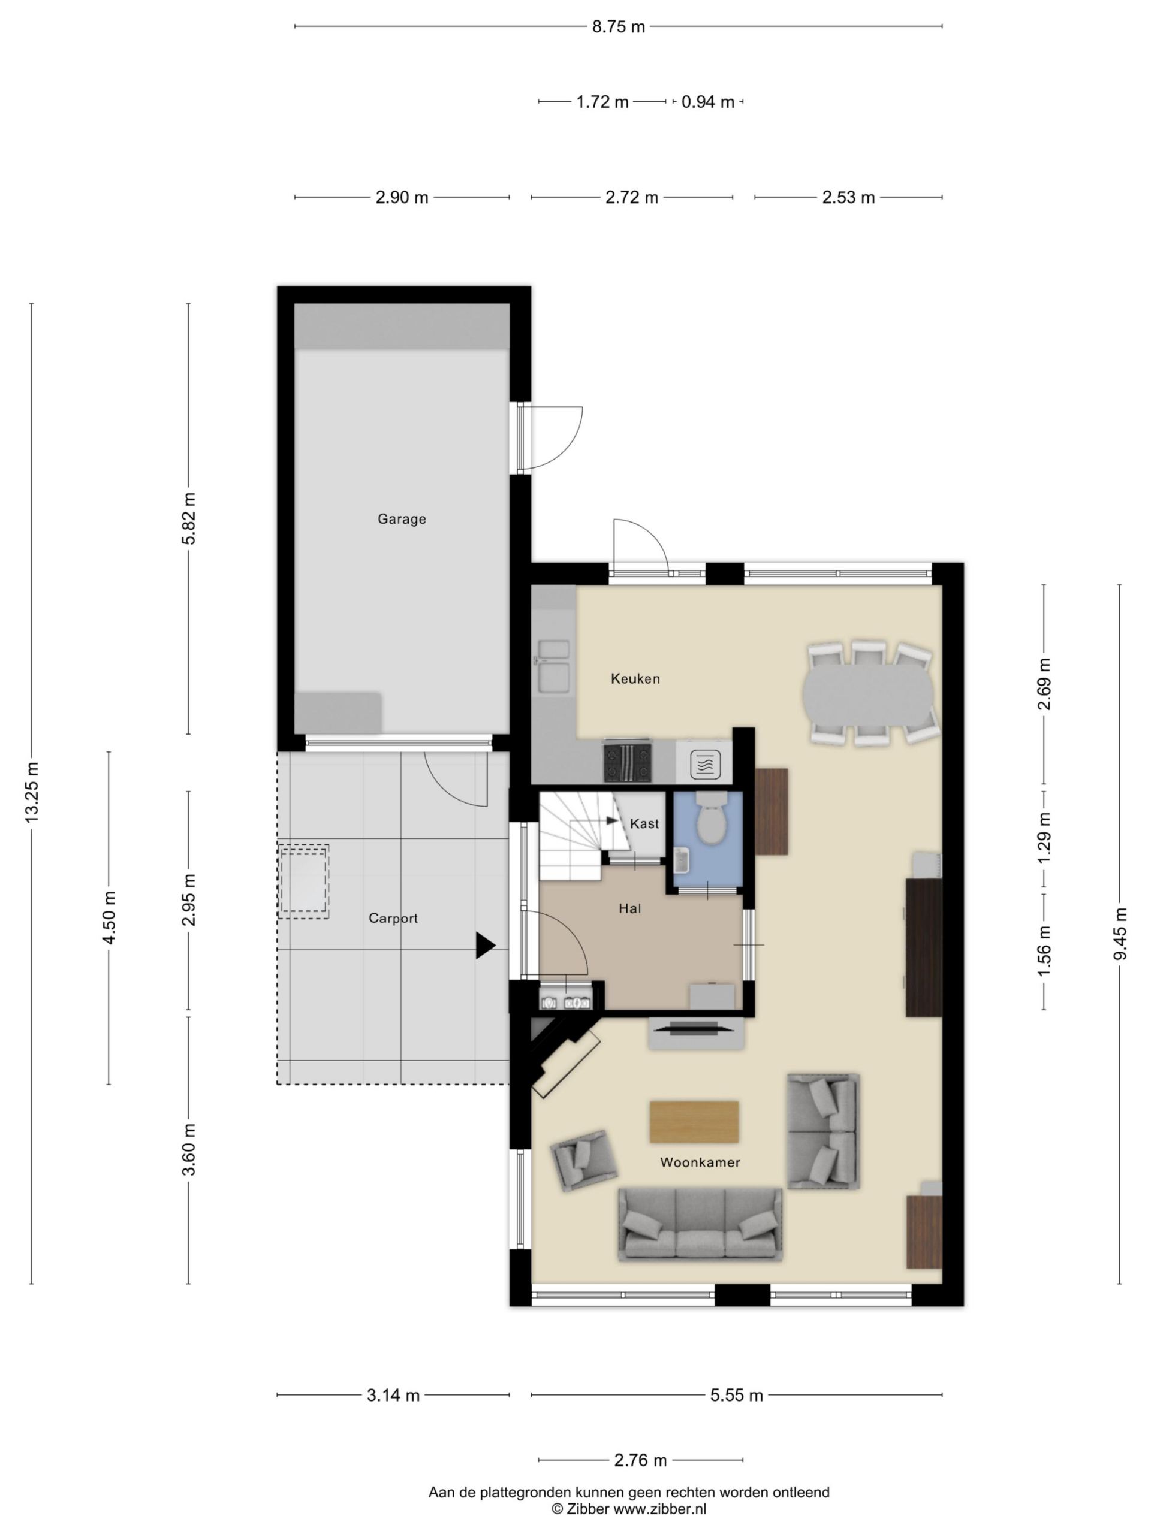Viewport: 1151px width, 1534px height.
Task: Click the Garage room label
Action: (402, 519)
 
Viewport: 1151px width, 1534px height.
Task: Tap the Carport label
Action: (393, 918)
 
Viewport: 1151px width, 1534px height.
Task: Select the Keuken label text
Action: (635, 679)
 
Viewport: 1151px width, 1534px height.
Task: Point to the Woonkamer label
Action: (700, 1162)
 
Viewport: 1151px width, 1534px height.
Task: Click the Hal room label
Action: (630, 908)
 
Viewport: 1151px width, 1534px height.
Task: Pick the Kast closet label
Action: (644, 824)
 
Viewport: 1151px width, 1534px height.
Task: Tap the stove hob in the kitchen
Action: (628, 762)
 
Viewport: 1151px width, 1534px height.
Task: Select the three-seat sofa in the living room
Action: (700, 1225)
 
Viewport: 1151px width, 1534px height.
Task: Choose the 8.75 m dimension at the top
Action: (618, 26)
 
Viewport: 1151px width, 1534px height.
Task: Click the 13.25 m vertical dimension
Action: (32, 792)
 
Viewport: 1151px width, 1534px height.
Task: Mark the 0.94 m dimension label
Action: (707, 102)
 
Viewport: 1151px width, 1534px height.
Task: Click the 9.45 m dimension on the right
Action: (1120, 934)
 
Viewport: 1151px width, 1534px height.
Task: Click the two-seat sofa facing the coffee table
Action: (824, 1131)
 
